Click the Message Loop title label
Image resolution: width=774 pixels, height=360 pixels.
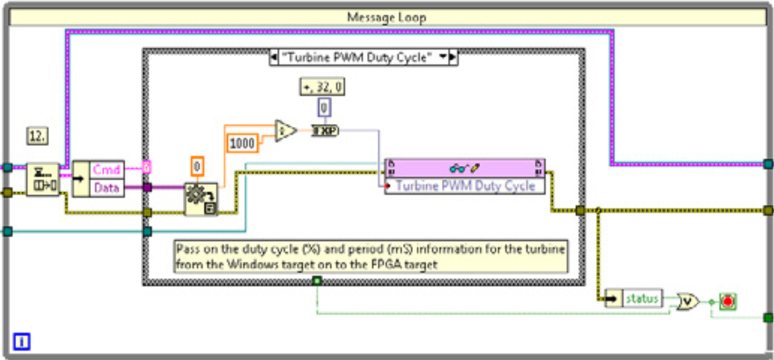(386, 17)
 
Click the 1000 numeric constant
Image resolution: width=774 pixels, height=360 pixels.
(242, 143)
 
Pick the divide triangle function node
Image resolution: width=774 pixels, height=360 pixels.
(285, 131)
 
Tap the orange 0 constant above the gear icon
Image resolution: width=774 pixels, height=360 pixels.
(198, 167)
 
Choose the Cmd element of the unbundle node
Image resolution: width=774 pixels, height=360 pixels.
(106, 169)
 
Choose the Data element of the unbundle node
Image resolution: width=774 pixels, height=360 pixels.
(106, 188)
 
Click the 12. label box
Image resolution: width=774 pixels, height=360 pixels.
(38, 137)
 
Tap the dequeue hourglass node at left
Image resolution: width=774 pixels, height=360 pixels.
(43, 179)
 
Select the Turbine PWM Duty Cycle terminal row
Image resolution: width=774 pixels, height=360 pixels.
(465, 186)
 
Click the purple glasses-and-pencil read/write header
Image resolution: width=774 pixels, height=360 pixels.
(465, 167)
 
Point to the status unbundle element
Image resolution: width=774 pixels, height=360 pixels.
(642, 299)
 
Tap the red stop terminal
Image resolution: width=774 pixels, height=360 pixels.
(728, 301)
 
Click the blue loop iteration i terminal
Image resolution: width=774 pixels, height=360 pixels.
(21, 341)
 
